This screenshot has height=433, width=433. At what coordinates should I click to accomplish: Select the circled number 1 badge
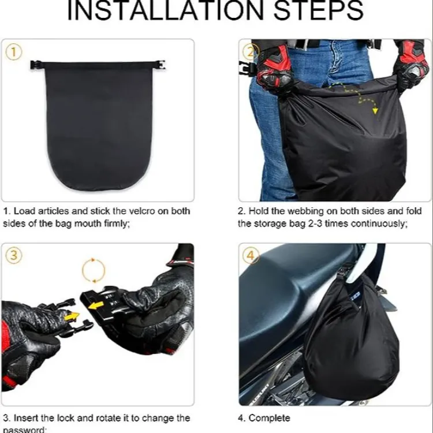click(x=14, y=53)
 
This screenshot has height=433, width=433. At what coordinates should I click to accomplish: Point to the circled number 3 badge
click(x=14, y=256)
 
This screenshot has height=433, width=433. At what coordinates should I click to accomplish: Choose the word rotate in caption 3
click(x=120, y=417)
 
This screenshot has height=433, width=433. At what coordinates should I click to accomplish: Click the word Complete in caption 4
click(x=270, y=417)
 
